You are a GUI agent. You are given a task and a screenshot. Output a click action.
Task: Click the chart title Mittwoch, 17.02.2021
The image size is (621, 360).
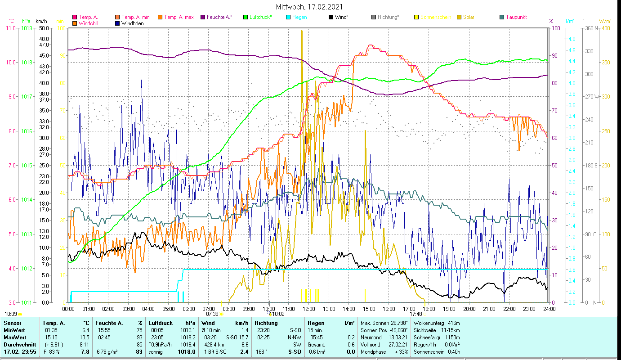pyautogui.click(x=310, y=7)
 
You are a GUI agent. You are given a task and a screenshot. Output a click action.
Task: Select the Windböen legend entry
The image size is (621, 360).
pyautogui.click(x=132, y=23)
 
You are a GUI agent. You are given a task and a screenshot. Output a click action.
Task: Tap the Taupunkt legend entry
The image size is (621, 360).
pyautogui.click(x=516, y=17)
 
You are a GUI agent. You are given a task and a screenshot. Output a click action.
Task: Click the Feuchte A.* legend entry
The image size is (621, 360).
pyautogui.click(x=219, y=17)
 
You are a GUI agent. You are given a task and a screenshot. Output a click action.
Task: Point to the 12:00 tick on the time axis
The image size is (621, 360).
pyautogui.click(x=308, y=309)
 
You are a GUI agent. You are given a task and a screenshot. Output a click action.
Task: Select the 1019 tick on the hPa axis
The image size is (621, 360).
pyautogui.click(x=26, y=28)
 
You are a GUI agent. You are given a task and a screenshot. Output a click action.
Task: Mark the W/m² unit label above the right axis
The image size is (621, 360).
pyautogui.click(x=604, y=21)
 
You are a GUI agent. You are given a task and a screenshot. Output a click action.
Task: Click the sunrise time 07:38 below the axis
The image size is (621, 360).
pyautogui.click(x=212, y=314)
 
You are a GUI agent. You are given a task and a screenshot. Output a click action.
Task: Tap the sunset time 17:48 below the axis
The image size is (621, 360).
pyautogui.click(x=415, y=314)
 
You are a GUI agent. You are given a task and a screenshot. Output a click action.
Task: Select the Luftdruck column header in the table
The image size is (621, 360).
pyautogui.click(x=161, y=323)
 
